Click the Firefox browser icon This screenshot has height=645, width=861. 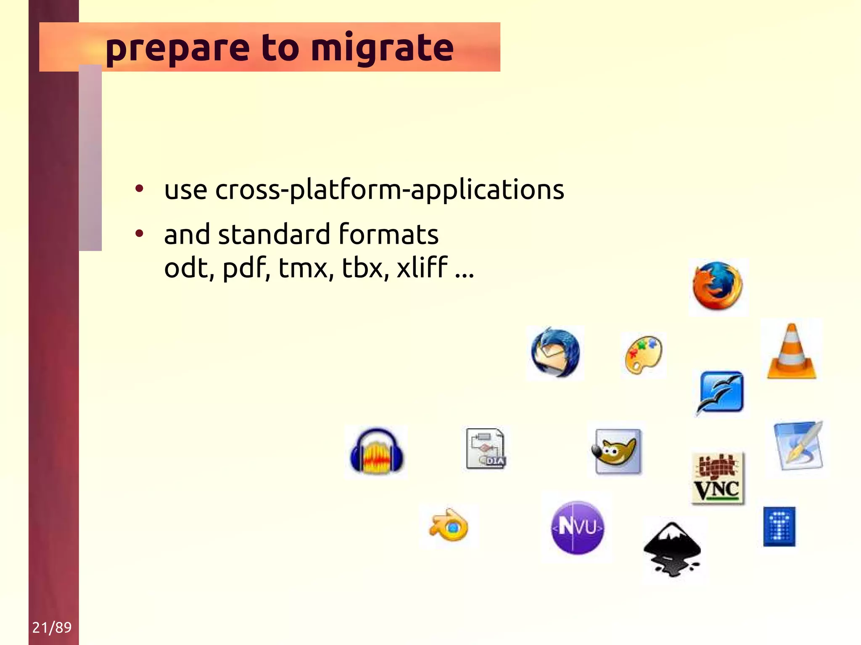pyautogui.click(x=718, y=286)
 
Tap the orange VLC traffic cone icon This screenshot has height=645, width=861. pyautogui.click(x=791, y=352)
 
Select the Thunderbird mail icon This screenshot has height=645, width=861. pyautogui.click(x=555, y=353)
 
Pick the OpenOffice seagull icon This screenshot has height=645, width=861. pyautogui.click(x=721, y=393)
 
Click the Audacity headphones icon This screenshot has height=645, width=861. pyautogui.click(x=376, y=452)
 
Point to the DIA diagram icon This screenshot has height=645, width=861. pyautogui.click(x=486, y=449)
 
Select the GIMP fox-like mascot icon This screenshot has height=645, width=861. pyautogui.click(x=617, y=451)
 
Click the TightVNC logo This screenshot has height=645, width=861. pyautogui.click(x=718, y=478)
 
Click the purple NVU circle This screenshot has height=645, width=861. pyautogui.click(x=577, y=527)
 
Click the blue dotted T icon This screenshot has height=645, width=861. pyautogui.click(x=779, y=527)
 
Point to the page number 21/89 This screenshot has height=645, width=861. pyautogui.click(x=52, y=627)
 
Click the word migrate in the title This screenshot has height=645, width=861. pyautogui.click(x=382, y=48)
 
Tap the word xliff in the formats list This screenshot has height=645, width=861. pyautogui.click(x=422, y=267)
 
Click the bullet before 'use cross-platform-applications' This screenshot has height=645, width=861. pyautogui.click(x=139, y=189)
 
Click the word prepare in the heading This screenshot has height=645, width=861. pyautogui.click(x=177, y=48)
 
